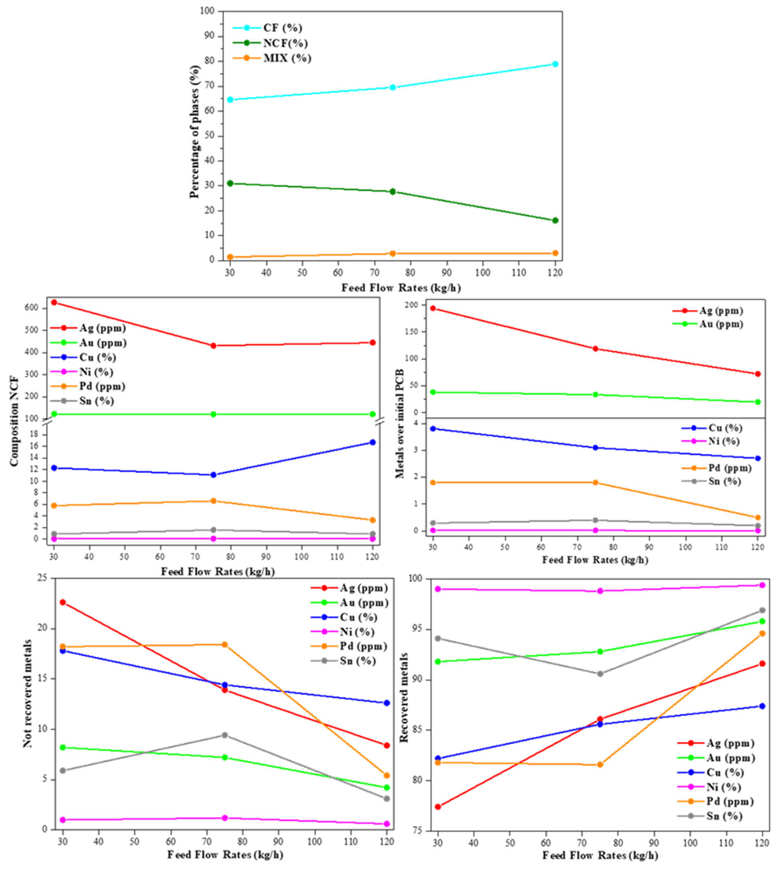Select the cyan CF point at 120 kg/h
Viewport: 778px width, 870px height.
tap(555, 64)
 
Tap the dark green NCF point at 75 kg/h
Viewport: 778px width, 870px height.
tap(392, 191)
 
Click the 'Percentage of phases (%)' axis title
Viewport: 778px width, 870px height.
tap(195, 132)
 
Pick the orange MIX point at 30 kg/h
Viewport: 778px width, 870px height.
tap(230, 257)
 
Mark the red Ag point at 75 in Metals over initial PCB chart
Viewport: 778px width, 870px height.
tap(595, 349)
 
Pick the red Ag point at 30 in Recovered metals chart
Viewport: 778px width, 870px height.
tap(438, 807)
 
